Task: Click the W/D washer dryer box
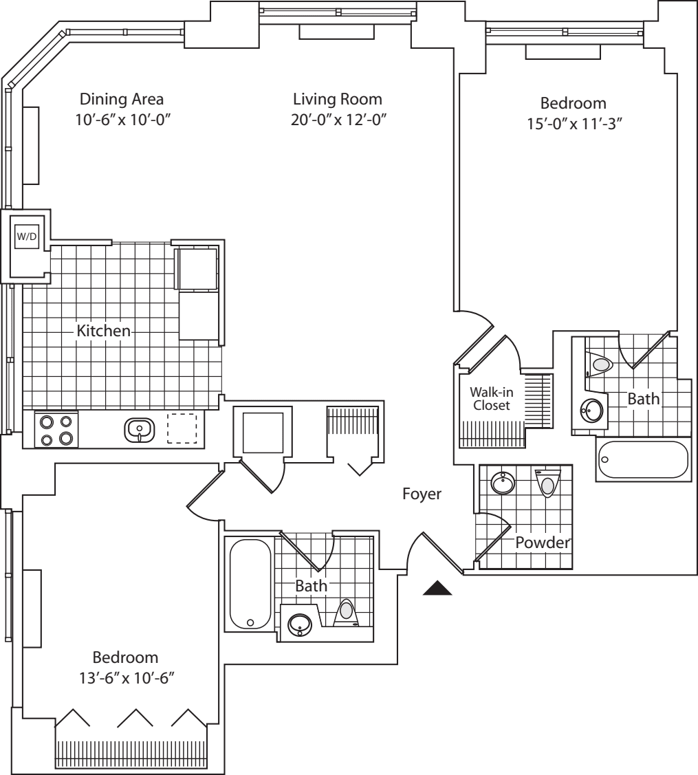[27, 237]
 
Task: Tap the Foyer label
[422, 494]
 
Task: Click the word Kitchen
[103, 331]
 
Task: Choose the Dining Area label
[122, 98]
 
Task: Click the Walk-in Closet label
[490, 398]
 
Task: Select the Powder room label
[543, 543]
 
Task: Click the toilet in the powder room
[547, 484]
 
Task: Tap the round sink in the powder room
[503, 483]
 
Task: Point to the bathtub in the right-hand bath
[643, 459]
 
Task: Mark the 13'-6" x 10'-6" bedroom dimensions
[125, 677]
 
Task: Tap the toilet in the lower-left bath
[347, 612]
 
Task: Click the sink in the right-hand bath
[592, 411]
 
